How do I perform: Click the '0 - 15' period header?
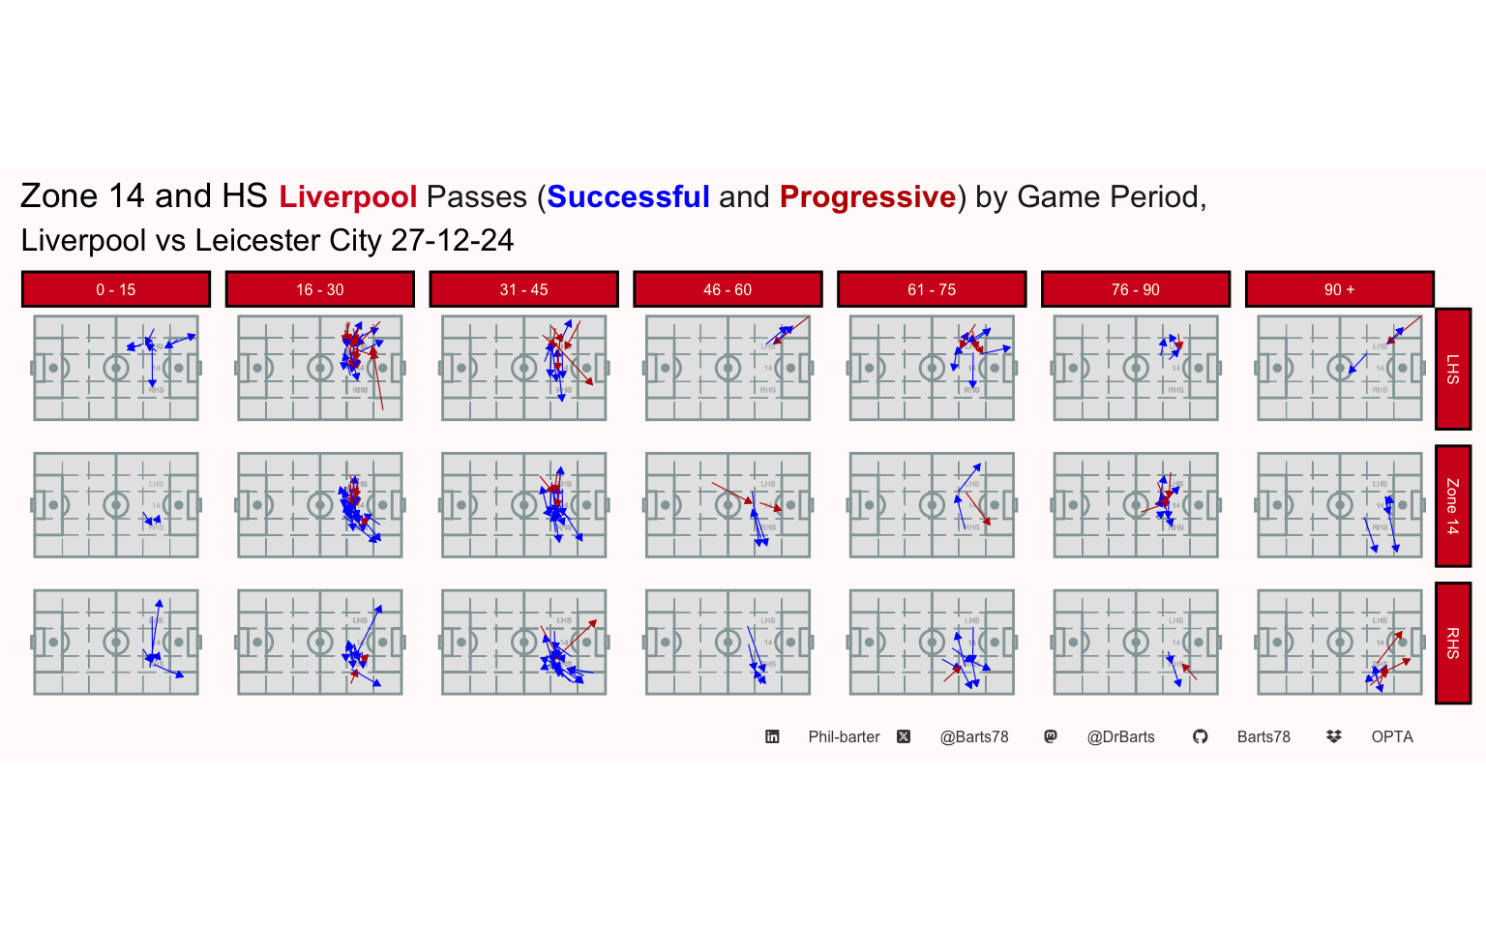click(116, 289)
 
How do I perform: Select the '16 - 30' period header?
click(320, 289)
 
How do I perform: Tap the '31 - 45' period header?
click(523, 289)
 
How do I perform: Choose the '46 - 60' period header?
click(728, 289)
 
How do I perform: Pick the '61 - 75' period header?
click(932, 289)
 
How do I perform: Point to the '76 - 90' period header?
click(1136, 289)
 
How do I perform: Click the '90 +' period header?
click(1339, 289)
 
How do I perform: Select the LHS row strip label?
click(1453, 369)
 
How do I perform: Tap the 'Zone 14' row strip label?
click(1453, 506)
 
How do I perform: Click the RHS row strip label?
click(1453, 644)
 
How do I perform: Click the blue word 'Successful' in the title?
click(629, 197)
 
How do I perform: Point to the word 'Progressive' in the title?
click(868, 197)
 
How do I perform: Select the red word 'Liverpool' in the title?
click(348, 197)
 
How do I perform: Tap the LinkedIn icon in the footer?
click(772, 736)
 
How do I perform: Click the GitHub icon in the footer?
click(1201, 736)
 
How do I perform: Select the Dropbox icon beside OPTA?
click(1334, 736)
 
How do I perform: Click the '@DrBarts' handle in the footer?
click(1121, 736)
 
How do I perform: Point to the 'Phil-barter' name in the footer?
click(844, 736)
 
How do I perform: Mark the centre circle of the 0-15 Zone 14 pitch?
click(116, 505)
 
